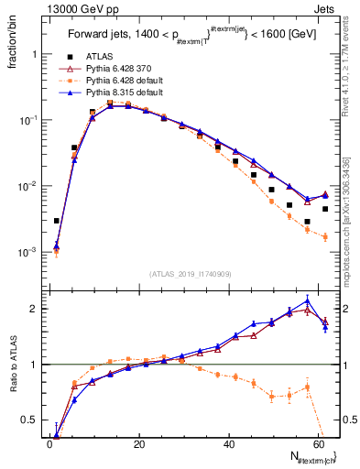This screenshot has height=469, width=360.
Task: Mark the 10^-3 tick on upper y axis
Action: [31, 252]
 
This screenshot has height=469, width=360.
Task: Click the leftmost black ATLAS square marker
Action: [56, 221]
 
